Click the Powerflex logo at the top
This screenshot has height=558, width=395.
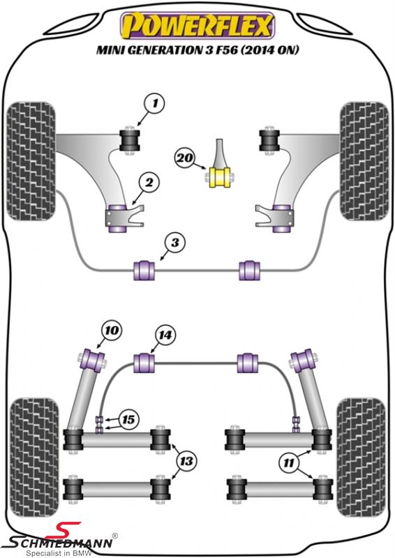pos(197,26)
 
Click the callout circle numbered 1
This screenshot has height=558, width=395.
pos(155,103)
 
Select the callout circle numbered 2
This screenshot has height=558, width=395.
pos(149,183)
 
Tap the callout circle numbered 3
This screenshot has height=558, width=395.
pos(175,243)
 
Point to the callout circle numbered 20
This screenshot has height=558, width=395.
pos(185,158)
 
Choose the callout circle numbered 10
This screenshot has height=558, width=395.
pos(112,330)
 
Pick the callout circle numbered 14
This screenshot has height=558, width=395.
pos(165,335)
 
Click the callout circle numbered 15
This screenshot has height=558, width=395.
pos(128,420)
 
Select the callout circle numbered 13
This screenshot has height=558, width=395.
pos(186,462)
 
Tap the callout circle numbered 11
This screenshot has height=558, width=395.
pos(289,463)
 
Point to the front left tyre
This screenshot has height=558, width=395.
pos(31,162)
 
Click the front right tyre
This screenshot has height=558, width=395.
pos(364,162)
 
